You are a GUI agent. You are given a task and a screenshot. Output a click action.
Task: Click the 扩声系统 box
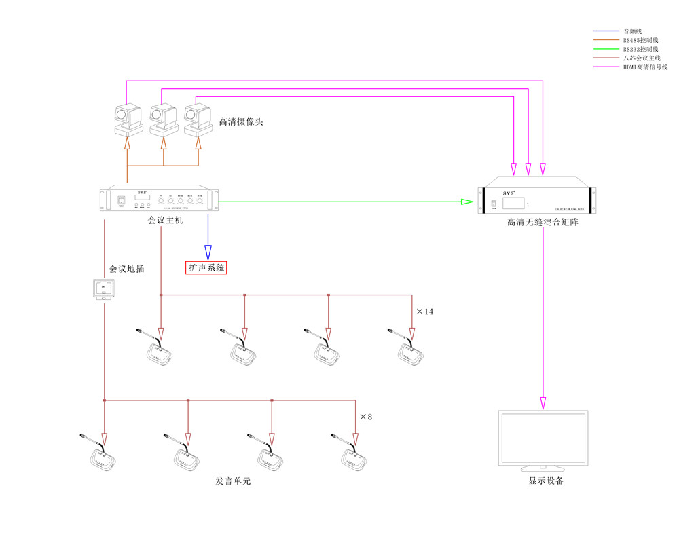point(206,267)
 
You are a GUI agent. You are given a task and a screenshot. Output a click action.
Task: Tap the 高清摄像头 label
point(240,122)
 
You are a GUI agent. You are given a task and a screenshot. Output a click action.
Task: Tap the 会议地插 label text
point(127,269)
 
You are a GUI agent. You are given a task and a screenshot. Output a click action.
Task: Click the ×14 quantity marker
point(424,312)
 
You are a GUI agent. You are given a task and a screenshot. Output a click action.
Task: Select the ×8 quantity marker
point(366,416)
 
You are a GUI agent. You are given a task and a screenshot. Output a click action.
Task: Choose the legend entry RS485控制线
point(640,41)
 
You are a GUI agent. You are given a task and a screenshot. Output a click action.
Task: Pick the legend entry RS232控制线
point(640,50)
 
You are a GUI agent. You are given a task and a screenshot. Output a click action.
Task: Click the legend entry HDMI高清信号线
point(645,67)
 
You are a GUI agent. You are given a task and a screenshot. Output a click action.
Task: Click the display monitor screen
point(543,438)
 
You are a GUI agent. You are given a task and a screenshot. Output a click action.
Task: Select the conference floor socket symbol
point(105,289)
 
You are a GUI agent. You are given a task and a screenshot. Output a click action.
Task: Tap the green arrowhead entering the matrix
point(467,202)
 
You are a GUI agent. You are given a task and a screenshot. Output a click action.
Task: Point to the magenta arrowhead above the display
point(543,402)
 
